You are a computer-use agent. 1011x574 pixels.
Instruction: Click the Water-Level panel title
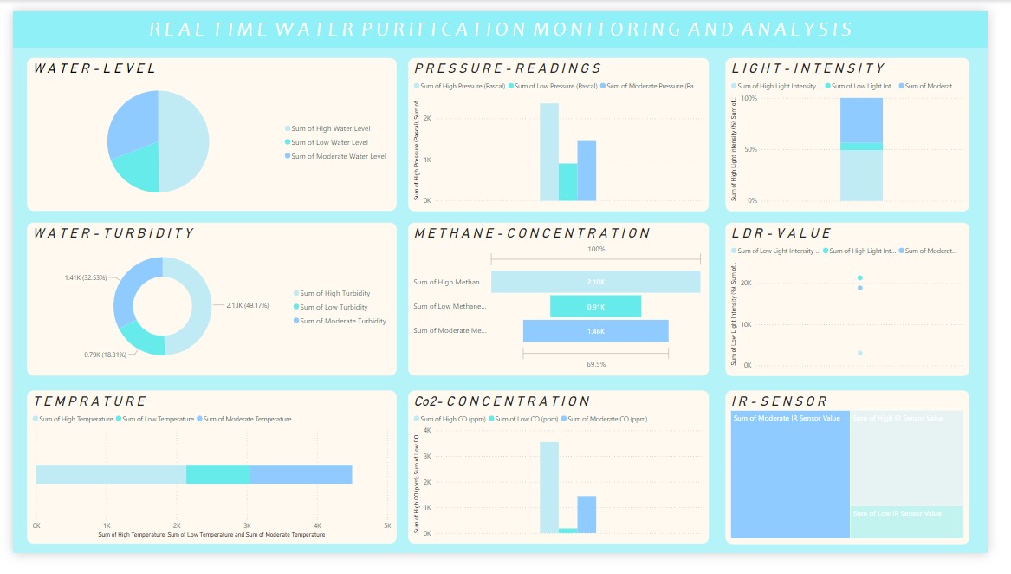(94, 68)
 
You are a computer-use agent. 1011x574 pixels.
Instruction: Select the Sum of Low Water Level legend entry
(329, 142)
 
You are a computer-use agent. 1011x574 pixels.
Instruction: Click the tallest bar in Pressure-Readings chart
(548, 152)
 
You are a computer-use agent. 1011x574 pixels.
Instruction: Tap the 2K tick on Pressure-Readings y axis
(428, 118)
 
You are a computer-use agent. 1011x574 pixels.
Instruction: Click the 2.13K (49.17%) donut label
(247, 305)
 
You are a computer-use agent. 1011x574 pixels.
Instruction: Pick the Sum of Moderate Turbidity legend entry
(343, 321)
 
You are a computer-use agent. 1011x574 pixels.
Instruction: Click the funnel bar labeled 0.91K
(595, 306)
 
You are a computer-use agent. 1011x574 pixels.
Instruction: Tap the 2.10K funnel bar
(595, 282)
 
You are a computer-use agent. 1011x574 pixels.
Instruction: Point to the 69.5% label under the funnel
(595, 364)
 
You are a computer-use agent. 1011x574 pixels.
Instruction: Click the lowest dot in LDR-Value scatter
(859, 353)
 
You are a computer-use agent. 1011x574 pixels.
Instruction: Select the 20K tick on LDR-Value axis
(745, 283)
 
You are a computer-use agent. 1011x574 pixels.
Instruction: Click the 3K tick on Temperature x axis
(247, 525)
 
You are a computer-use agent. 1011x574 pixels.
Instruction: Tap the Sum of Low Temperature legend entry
(159, 419)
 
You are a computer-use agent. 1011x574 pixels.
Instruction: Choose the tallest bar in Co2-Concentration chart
(548, 486)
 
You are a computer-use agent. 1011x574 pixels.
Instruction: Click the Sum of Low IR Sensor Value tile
(905, 521)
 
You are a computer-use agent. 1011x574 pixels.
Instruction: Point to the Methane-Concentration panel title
(532, 233)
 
